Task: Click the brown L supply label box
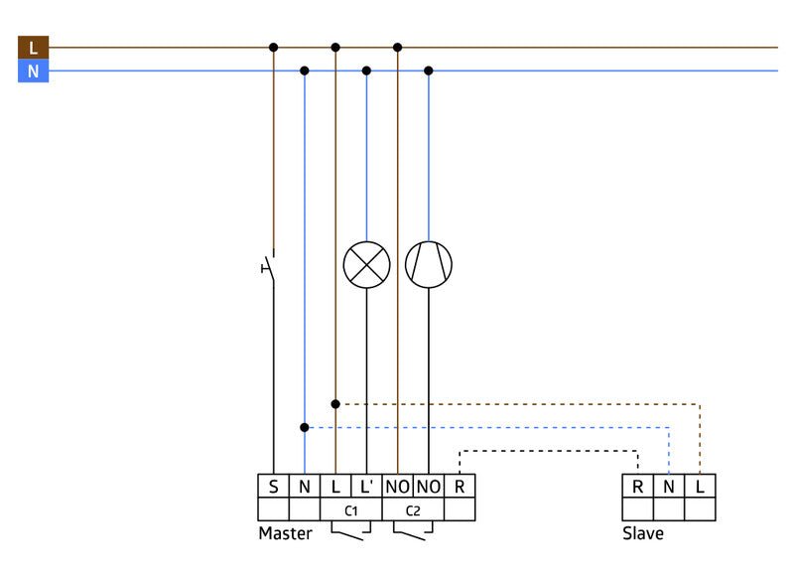33,47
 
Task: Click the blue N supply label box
33,72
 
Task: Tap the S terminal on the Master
273,487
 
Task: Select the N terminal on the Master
304,487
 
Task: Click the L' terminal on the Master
366,487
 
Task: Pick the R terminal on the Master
460,487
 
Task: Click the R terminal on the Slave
637,487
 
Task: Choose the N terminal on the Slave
669,487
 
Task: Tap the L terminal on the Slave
700,487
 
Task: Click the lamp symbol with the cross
366,265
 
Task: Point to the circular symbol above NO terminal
429,265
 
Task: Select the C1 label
350,510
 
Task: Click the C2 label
413,510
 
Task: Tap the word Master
285,533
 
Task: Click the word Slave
643,533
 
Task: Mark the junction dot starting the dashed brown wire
335,404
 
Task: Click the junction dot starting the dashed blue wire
304,428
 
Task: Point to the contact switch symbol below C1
350,533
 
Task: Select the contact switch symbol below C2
413,533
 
